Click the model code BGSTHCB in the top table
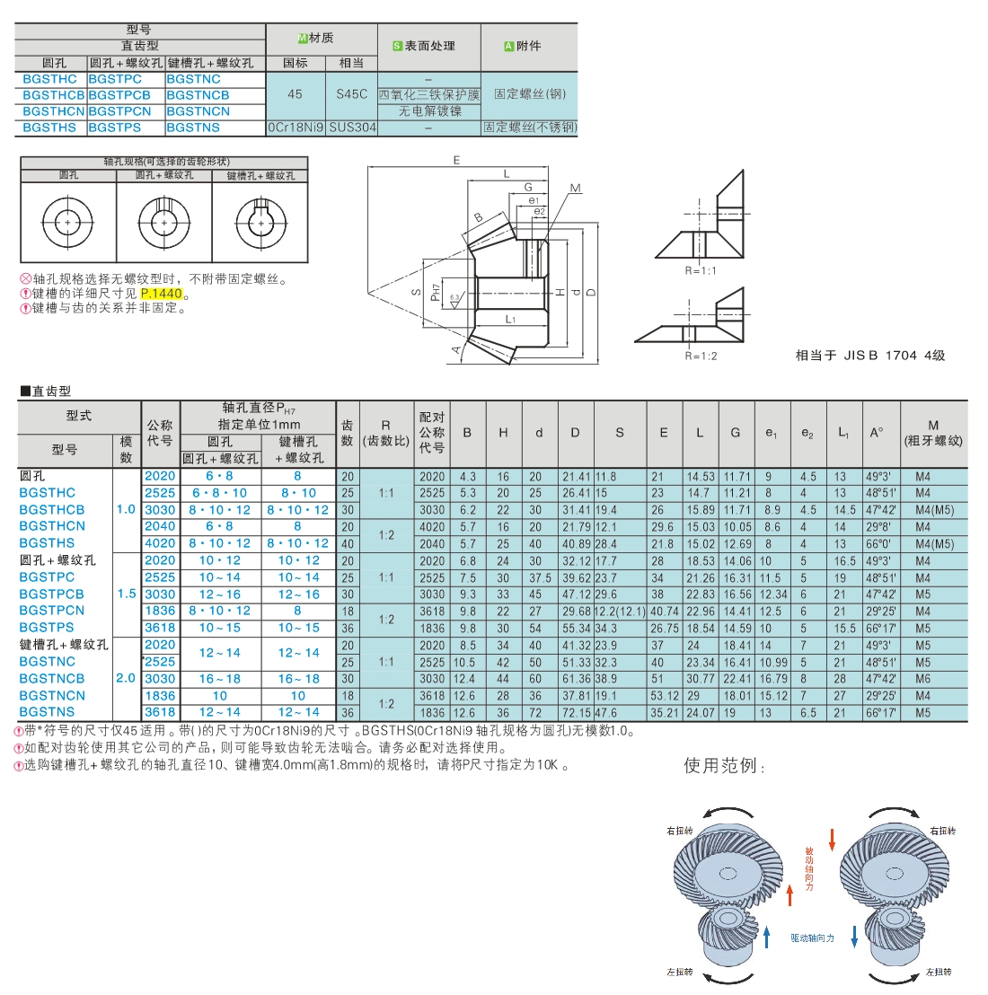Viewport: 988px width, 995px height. point(53,95)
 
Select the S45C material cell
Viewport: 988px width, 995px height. point(351,94)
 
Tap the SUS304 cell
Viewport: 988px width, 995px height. point(352,128)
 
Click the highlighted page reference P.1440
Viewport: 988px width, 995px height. point(161,294)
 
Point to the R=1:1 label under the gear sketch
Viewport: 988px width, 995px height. point(701,271)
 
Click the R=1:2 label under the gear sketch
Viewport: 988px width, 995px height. point(701,356)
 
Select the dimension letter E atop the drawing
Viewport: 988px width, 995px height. point(456,161)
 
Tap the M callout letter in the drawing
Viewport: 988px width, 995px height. point(576,189)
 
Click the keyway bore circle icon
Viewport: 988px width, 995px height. point(260,223)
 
